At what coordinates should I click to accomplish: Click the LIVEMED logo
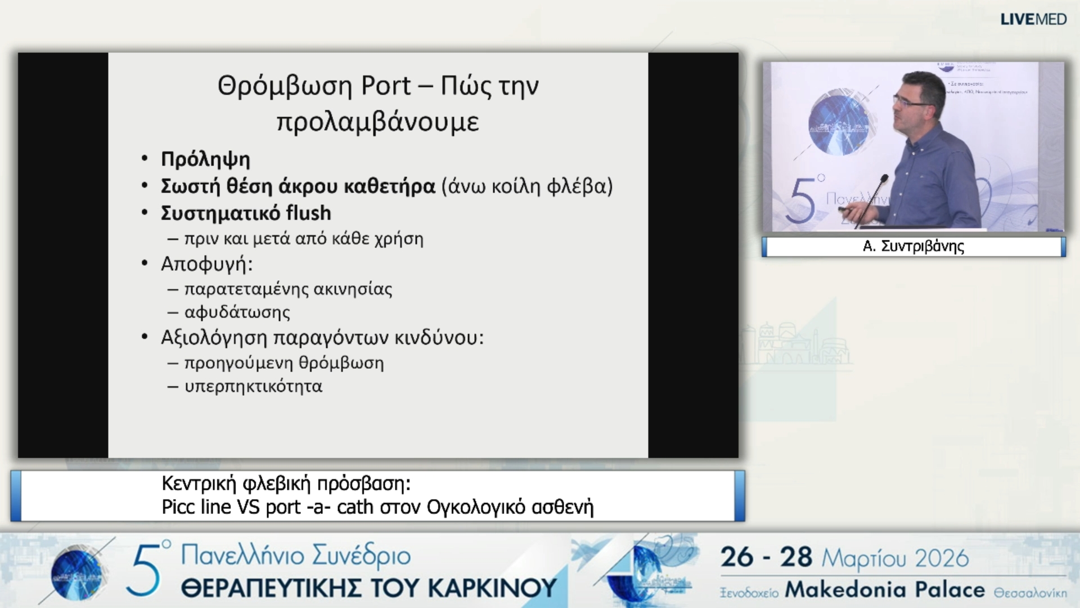point(1033,19)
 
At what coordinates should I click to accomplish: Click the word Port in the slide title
point(386,86)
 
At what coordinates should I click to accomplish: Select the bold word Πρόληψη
point(205,159)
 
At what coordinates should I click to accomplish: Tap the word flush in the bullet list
point(308,213)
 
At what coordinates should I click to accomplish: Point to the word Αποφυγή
point(206,264)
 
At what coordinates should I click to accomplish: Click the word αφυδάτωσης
point(237,312)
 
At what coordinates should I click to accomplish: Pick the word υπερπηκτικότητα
point(253,387)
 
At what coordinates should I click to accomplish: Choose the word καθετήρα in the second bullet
point(389,186)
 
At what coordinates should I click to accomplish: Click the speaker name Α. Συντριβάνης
point(913,247)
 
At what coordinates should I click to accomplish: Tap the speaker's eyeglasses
point(911,102)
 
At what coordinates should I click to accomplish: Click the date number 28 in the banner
point(796,557)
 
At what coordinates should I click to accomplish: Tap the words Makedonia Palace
point(885,590)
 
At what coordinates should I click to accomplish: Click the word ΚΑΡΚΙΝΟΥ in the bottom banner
point(492,588)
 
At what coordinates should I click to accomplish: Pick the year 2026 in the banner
point(942,558)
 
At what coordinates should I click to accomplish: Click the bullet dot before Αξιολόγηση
point(145,337)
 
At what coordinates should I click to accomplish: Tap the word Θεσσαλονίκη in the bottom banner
point(1030,593)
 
